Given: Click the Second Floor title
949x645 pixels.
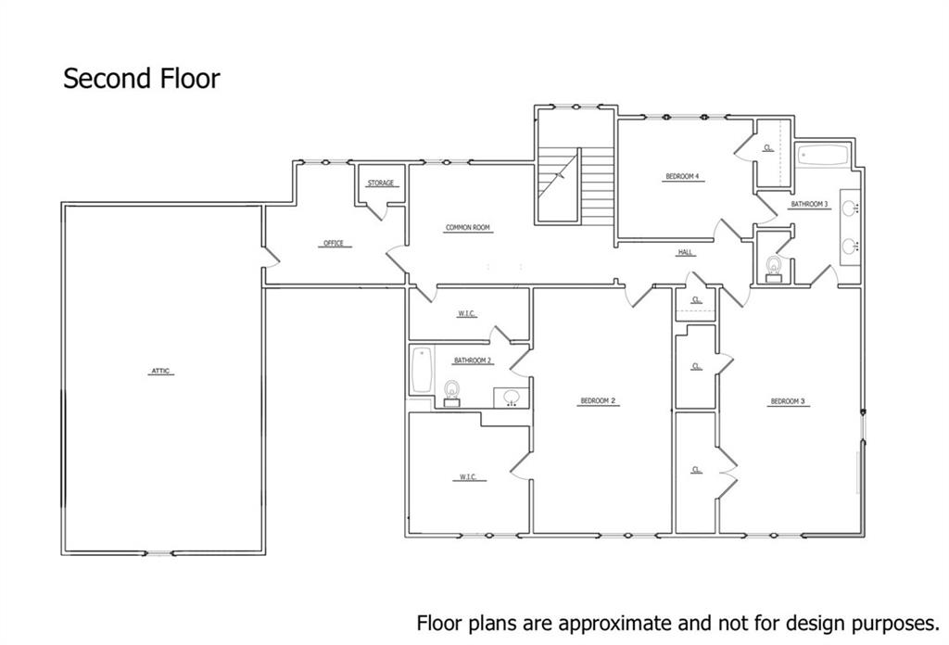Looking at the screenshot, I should click(x=142, y=79).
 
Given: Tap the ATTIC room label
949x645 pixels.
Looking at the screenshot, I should click(x=162, y=372).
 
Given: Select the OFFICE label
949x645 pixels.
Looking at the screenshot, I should click(x=333, y=244).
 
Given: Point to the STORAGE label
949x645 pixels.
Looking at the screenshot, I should click(x=381, y=183).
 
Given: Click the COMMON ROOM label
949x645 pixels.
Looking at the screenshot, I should click(x=467, y=228).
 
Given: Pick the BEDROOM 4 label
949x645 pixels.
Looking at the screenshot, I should click(x=681, y=176).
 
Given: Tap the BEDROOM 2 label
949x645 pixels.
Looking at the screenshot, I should click(x=599, y=400).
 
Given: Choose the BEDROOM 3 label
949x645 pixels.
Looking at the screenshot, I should click(x=788, y=401).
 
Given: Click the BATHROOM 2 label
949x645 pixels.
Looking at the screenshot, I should click(x=472, y=360).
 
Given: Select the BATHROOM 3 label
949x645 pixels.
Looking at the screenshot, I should click(x=809, y=204).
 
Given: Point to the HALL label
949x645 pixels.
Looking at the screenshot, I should click(x=685, y=252).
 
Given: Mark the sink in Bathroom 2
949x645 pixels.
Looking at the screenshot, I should click(x=511, y=397).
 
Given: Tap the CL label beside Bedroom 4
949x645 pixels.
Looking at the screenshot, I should click(x=768, y=147).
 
